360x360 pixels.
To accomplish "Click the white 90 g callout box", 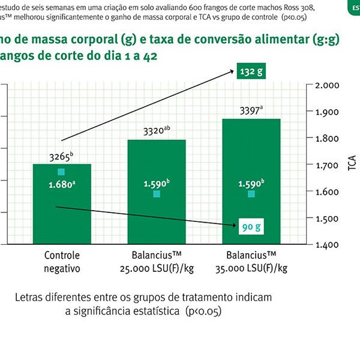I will pyautogui.click(x=251, y=227).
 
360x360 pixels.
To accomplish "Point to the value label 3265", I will pyautogui.click(x=61, y=157).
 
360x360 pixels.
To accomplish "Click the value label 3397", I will pyautogui.click(x=251, y=111).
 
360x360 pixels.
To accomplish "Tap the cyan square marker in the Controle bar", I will pyautogui.click(x=61, y=172).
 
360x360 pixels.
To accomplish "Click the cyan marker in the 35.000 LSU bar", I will pyautogui.click(x=251, y=194).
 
